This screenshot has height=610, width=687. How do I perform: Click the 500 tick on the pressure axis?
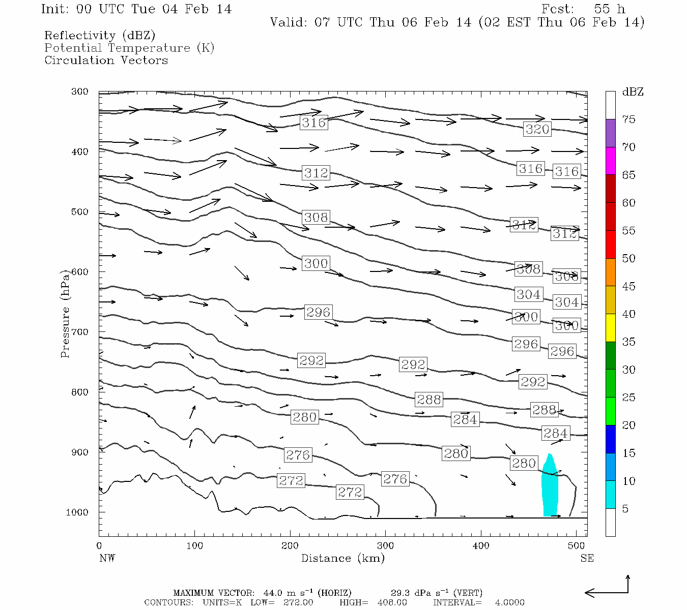(x=79, y=212)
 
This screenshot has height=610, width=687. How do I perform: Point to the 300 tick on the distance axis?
(x=385, y=546)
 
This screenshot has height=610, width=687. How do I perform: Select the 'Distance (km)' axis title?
(x=342, y=558)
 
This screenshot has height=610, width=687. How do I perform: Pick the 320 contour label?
(x=537, y=129)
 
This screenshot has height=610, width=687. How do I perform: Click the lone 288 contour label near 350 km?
(x=429, y=400)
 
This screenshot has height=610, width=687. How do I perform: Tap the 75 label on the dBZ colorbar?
(x=629, y=119)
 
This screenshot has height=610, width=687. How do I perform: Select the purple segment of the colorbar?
(x=610, y=133)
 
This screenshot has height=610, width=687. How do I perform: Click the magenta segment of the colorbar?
(x=610, y=161)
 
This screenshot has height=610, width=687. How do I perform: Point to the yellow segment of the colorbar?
(x=610, y=328)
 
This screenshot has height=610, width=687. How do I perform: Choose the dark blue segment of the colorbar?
(x=610, y=439)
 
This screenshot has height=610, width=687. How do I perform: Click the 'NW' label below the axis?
(x=107, y=558)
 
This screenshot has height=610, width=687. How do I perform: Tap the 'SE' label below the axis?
(x=587, y=558)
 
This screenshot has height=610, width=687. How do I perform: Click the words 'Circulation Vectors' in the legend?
(x=106, y=60)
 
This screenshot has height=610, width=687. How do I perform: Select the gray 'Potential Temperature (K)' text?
(x=129, y=48)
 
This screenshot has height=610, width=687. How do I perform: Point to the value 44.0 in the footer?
(x=274, y=593)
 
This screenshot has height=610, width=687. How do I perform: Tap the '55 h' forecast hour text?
(x=609, y=9)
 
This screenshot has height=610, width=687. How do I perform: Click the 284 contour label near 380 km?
(x=465, y=419)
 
